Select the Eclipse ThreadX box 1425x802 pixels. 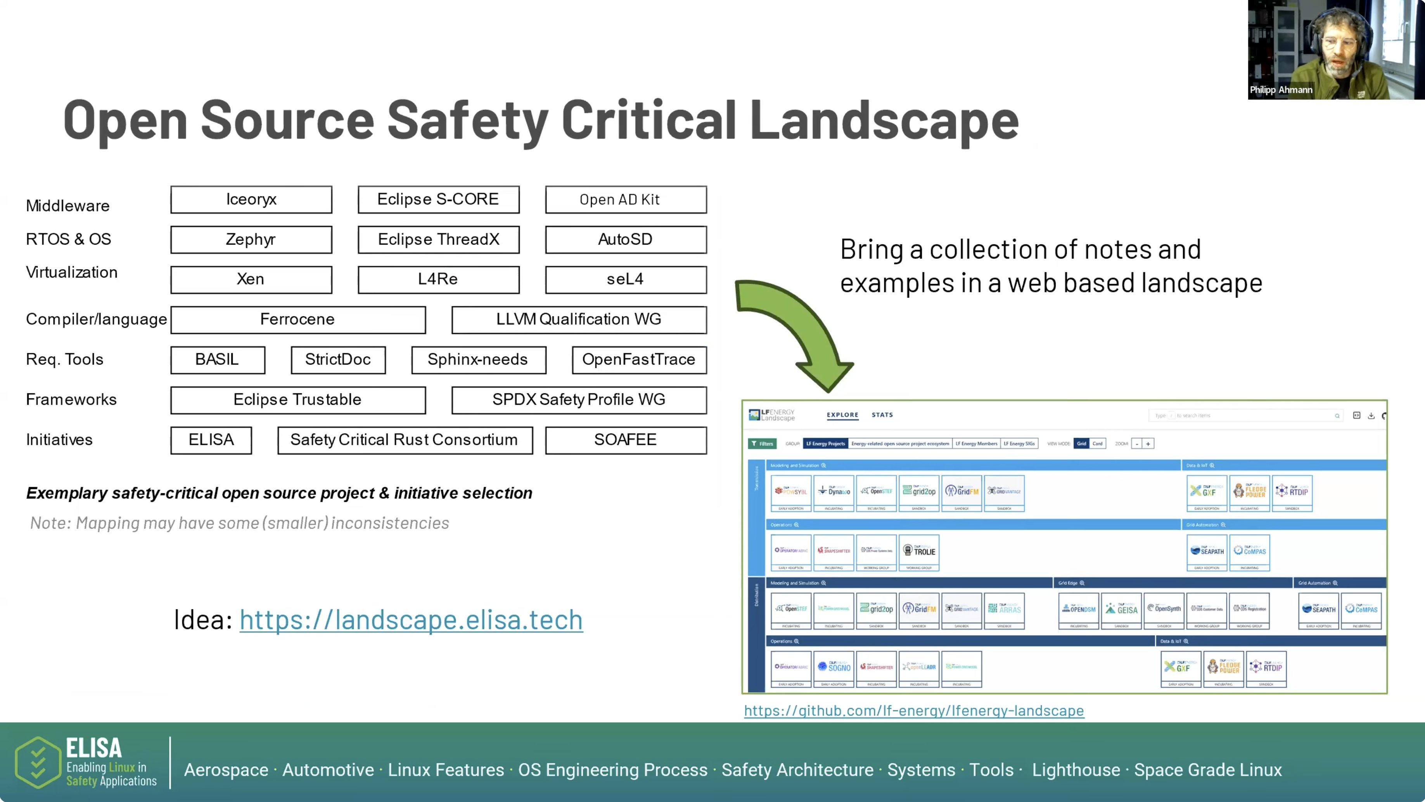438,240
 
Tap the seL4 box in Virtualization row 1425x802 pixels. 625,279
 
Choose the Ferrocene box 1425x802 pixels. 297,319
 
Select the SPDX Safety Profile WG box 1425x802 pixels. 579,399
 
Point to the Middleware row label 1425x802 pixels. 67,206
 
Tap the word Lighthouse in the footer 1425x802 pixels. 1076,770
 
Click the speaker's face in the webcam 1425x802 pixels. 1339,47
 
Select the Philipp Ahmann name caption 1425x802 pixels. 1281,90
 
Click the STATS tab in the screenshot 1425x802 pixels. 882,415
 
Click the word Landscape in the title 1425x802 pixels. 884,120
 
